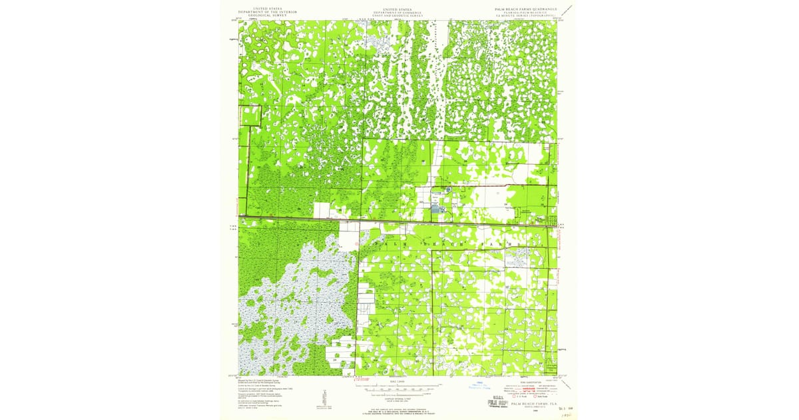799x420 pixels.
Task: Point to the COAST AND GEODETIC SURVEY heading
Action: click(399, 16)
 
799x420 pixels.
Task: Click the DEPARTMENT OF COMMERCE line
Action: click(399, 13)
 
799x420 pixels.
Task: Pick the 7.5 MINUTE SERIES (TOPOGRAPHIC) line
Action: click(529, 16)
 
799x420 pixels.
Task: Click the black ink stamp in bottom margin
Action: click(495, 401)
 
